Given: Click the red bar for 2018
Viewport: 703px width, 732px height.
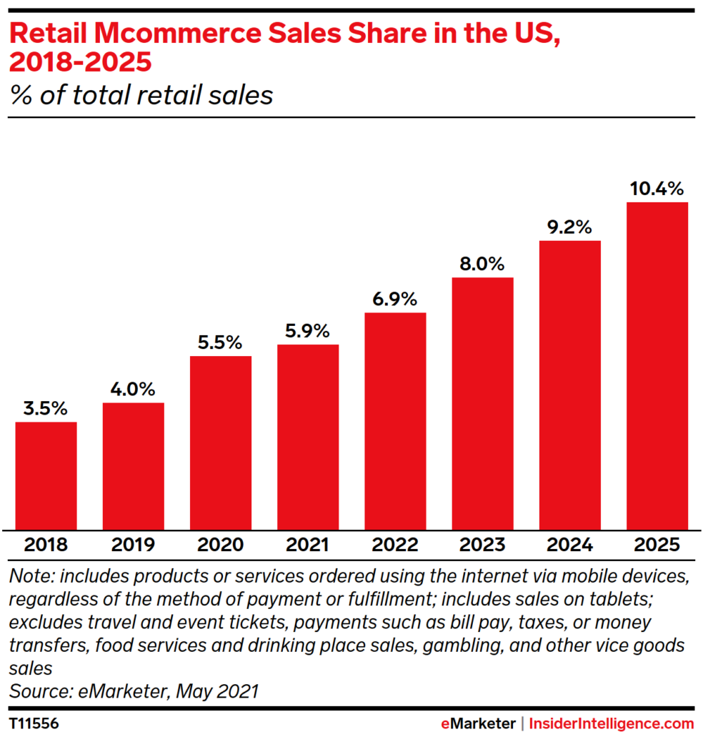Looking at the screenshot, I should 46,475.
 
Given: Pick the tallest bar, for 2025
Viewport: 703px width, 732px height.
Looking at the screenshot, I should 657,365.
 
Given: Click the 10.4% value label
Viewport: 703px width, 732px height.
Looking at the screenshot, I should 657,189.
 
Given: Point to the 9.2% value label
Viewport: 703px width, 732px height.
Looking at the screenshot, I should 569,228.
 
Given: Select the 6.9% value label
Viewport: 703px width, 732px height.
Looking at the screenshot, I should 395,300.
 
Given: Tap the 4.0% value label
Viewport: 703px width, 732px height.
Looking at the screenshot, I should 133,390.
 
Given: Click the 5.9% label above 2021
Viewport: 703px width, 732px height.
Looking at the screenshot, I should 308,332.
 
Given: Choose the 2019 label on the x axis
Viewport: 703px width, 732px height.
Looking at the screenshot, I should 133,545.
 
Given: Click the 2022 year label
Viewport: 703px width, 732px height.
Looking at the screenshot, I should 395,545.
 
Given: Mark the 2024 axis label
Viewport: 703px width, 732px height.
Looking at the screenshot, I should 569,545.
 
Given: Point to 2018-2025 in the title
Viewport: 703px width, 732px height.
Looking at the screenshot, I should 80,62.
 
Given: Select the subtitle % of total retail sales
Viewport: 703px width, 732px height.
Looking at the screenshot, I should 141,95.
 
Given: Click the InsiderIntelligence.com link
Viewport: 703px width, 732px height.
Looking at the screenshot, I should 612,723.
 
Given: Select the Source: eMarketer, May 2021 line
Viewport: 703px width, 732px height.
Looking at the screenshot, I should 134,691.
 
